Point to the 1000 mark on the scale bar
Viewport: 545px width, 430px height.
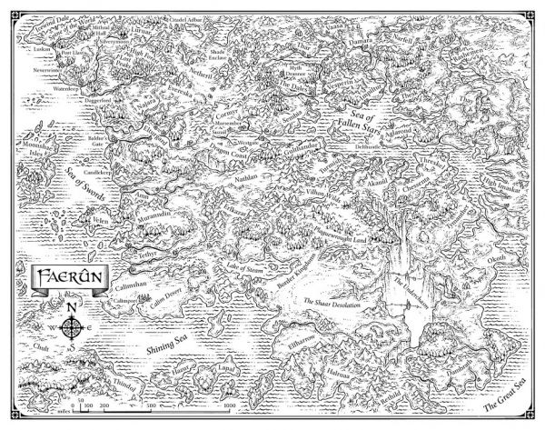pos(229,395)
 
